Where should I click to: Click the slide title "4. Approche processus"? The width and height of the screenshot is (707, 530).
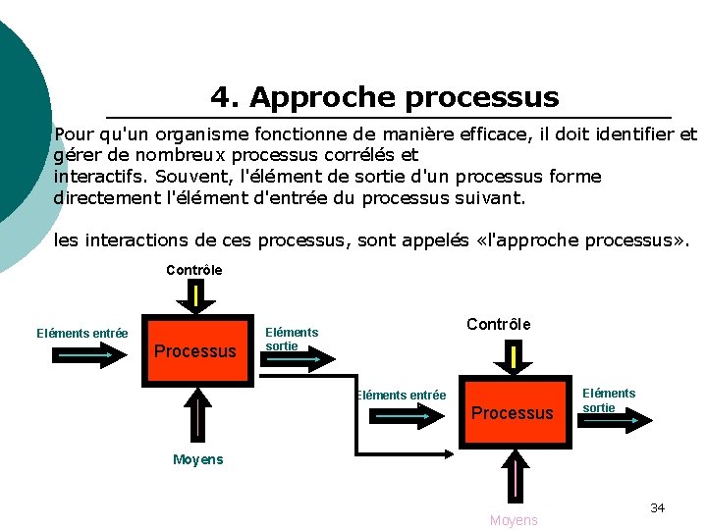[x=384, y=98]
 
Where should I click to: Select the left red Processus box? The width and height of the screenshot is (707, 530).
[x=195, y=350]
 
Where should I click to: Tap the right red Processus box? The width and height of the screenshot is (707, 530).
[x=513, y=412]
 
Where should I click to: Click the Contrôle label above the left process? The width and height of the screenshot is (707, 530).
[x=194, y=270]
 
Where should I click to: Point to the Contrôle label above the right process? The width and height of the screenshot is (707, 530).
[x=498, y=325]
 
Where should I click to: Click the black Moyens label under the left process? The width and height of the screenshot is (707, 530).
[x=197, y=459]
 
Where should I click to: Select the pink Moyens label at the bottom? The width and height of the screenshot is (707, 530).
[x=514, y=520]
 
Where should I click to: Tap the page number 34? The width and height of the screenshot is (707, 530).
[x=657, y=507]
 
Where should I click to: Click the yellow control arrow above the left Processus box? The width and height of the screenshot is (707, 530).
[x=197, y=294]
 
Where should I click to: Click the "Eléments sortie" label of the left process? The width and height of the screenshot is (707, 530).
[x=292, y=339]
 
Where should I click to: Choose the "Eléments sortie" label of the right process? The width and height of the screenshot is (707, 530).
[x=609, y=399]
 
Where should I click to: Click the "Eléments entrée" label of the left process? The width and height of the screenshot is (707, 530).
[x=82, y=334]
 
